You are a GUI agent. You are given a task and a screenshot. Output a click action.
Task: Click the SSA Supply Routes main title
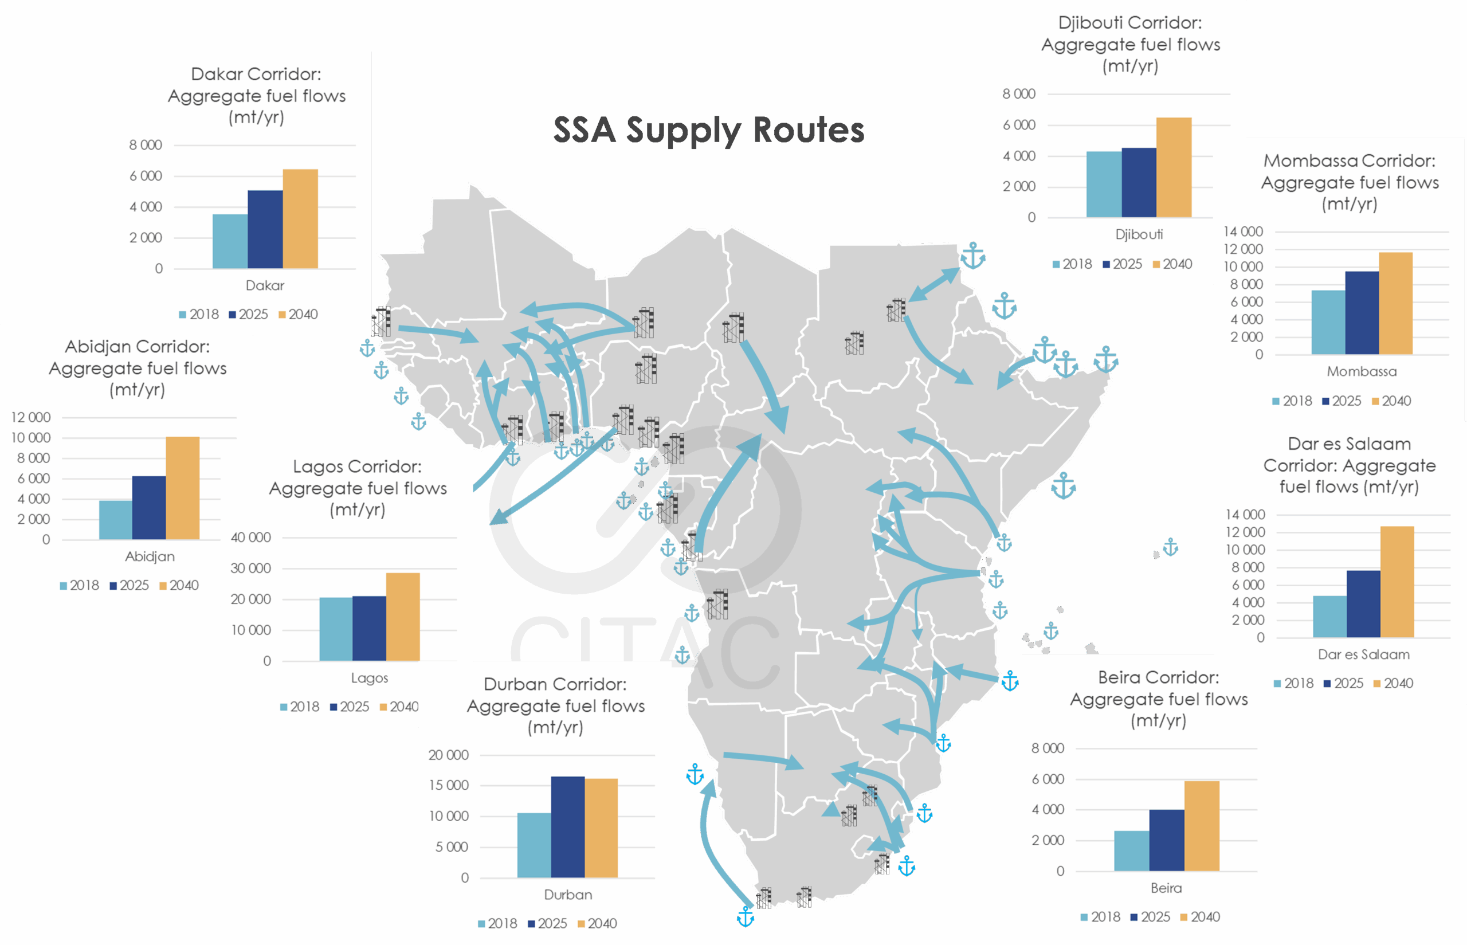tap(708, 130)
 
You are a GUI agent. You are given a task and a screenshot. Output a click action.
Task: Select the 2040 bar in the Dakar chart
tap(300, 219)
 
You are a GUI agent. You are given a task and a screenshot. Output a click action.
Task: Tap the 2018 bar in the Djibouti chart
tap(1104, 184)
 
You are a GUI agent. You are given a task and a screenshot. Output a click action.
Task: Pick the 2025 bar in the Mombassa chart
tap(1362, 313)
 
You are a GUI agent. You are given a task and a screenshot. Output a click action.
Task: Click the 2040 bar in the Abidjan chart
tap(182, 488)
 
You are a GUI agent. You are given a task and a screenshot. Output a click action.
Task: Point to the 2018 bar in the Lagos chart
tap(336, 629)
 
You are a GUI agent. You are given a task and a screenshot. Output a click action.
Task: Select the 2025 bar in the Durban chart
tap(567, 826)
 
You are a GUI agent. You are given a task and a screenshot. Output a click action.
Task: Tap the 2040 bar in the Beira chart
tap(1201, 826)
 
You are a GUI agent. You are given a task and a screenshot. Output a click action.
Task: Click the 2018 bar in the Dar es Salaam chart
tap(1329, 616)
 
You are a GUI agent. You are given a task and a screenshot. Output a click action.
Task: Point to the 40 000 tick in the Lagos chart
tap(251, 538)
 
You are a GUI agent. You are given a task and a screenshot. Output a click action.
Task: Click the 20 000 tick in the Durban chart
tap(449, 755)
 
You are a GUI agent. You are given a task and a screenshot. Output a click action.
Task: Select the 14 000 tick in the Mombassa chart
tap(1243, 232)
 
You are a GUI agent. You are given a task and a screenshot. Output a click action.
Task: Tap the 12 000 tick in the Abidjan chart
tap(31, 417)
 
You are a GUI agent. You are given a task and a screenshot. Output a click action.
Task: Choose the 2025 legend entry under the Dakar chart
tap(249, 315)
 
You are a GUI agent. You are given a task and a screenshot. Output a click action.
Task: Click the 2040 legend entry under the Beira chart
tap(1201, 917)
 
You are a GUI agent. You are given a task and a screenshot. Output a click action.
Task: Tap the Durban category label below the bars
tap(568, 895)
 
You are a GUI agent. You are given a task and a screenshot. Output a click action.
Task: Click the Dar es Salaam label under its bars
tap(1363, 655)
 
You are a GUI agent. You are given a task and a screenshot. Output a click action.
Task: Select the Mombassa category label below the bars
tap(1362, 371)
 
